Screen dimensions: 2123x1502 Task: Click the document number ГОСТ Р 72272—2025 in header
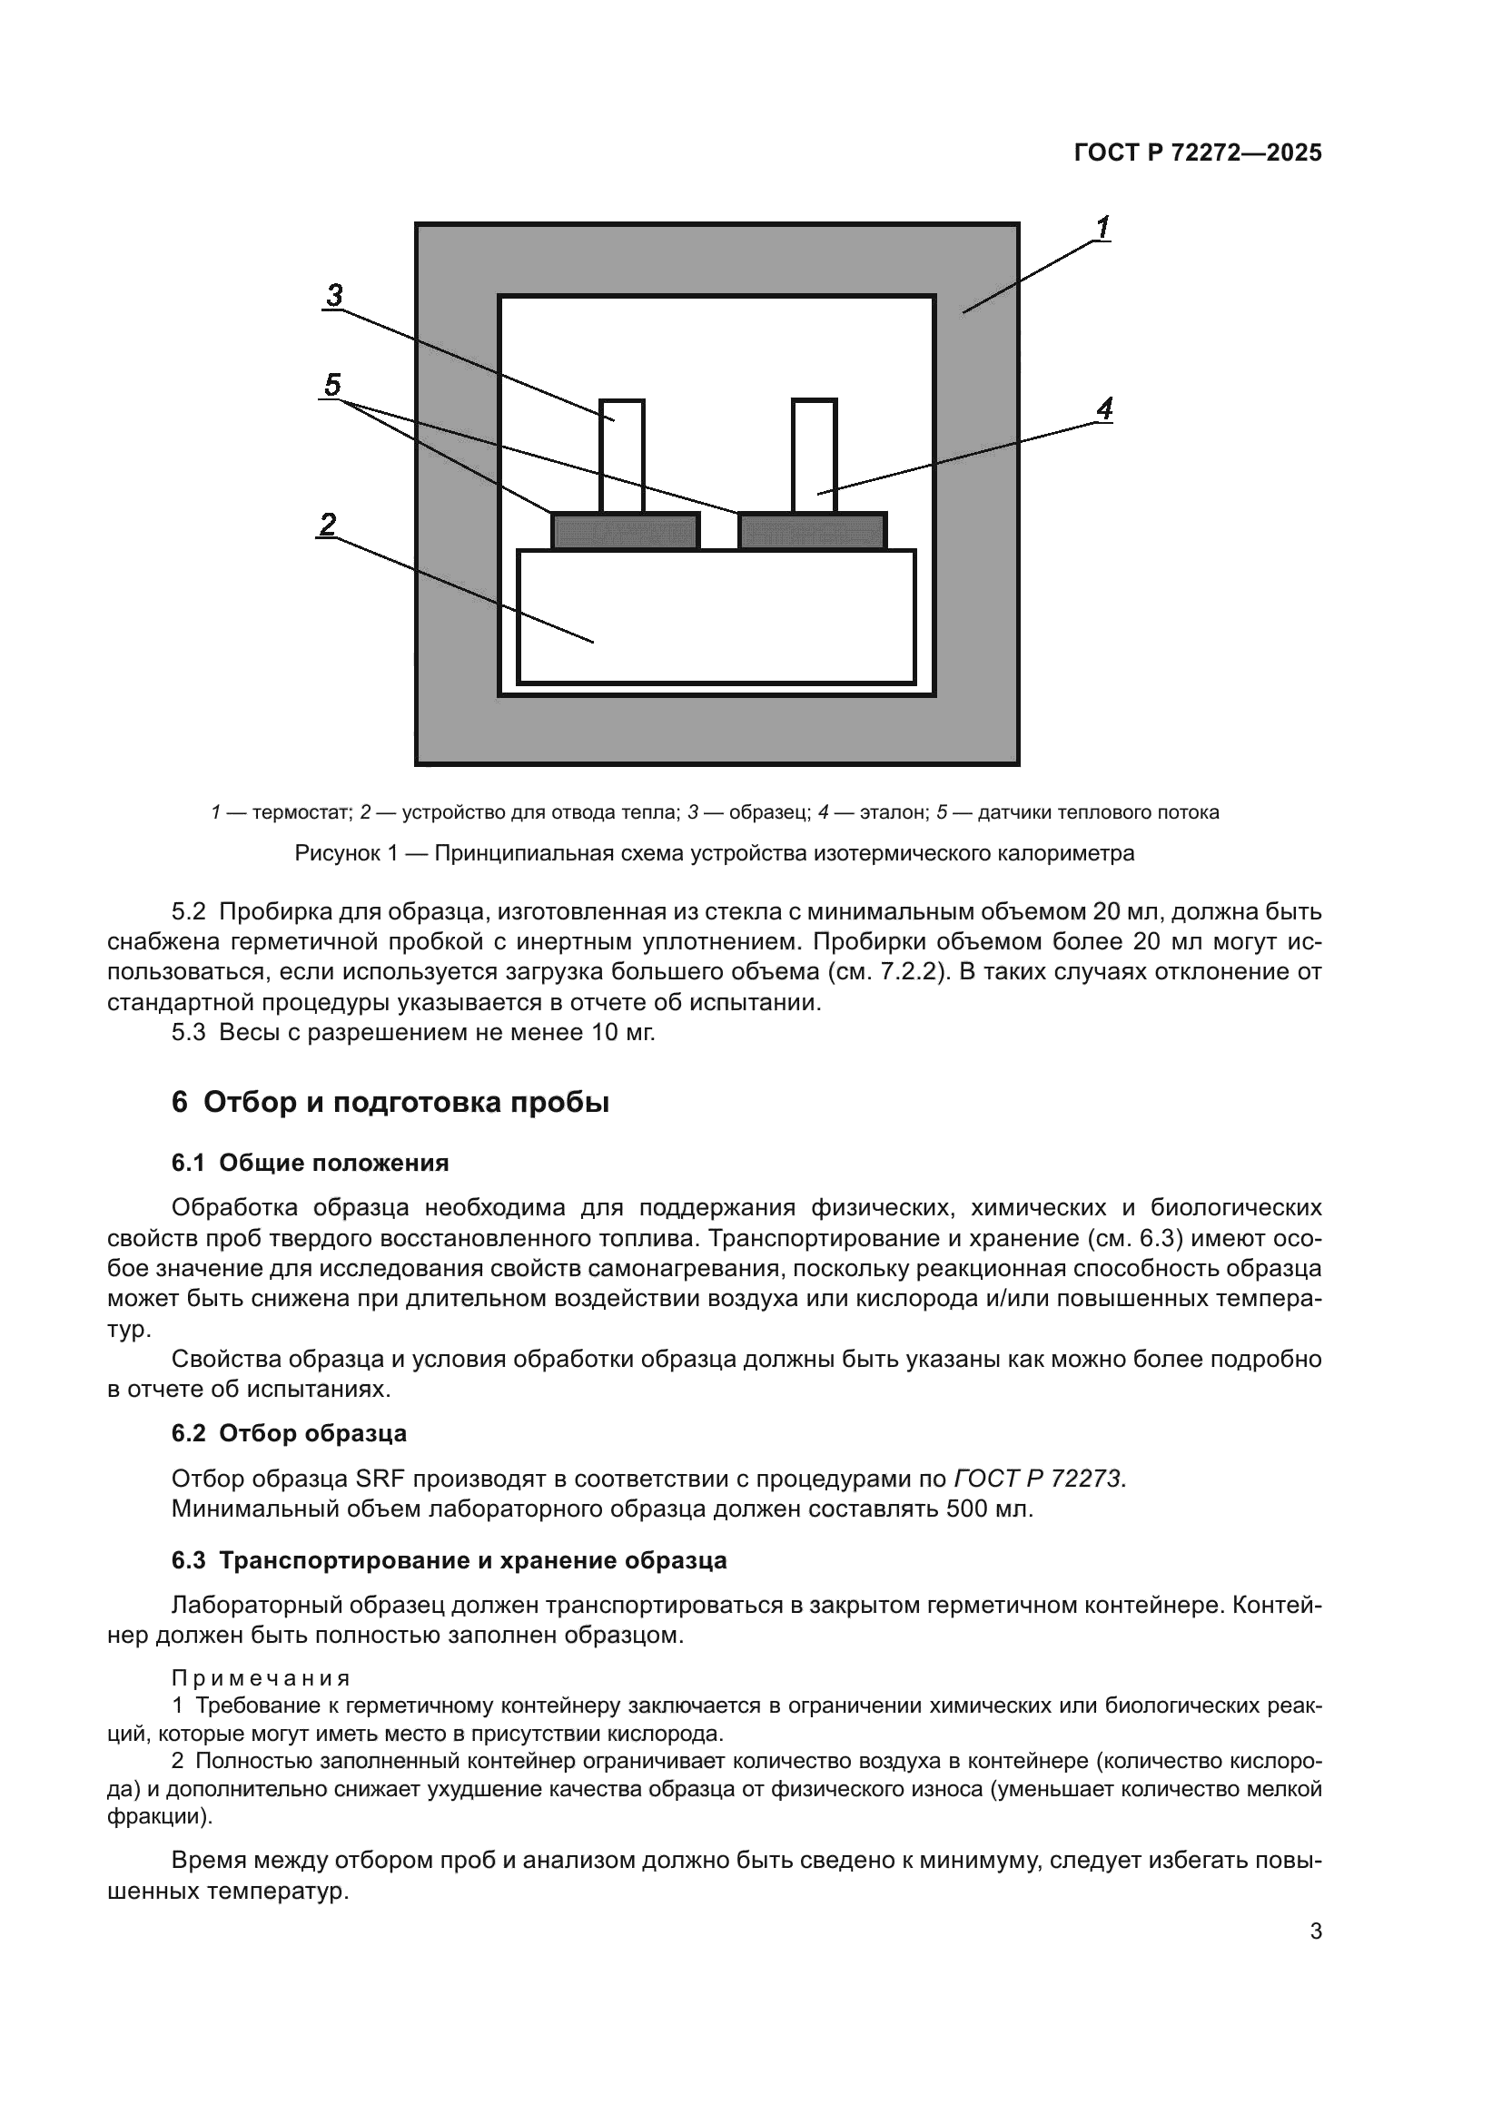1198,153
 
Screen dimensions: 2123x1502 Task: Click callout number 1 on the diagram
1102,227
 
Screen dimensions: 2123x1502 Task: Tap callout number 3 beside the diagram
334,296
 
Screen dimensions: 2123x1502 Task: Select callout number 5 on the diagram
332,384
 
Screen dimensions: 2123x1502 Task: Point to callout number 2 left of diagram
328,526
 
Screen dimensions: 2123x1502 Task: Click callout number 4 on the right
1104,408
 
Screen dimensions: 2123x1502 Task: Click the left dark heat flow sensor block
625,532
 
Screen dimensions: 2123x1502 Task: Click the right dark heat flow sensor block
812,532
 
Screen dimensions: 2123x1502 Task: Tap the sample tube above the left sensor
621,455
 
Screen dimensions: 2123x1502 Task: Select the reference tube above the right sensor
814,455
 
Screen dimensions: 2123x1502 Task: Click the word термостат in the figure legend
301,812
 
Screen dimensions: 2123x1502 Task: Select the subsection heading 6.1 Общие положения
310,1164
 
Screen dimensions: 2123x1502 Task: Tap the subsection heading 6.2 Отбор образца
289,1433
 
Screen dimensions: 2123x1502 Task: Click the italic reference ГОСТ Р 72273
1039,1479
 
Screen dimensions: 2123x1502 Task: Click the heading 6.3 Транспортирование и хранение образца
449,1561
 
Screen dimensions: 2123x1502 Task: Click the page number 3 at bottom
1315,1931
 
